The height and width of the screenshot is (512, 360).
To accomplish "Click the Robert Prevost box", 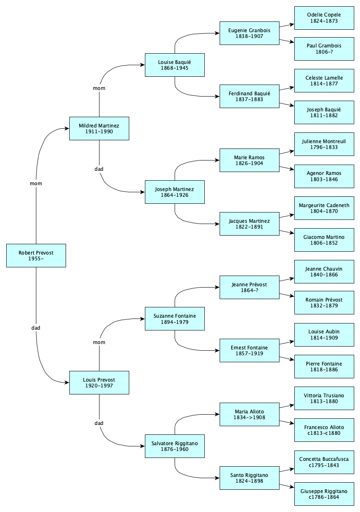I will (x=36, y=255).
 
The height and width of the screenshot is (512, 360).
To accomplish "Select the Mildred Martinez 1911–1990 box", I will (x=99, y=128).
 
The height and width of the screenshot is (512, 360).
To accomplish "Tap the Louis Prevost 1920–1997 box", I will (x=99, y=382).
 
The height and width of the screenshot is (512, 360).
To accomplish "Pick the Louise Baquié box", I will (x=175, y=65).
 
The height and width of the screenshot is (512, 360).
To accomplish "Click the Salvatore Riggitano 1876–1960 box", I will (x=175, y=446).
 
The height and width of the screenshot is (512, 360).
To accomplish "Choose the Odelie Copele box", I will (x=324, y=18).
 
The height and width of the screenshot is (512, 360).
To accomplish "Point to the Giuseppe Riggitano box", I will (x=324, y=494).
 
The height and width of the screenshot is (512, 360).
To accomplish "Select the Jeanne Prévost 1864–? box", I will (x=249, y=287).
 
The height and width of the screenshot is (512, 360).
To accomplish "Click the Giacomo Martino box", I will (x=324, y=240).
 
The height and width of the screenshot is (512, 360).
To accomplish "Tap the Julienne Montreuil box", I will (x=324, y=144).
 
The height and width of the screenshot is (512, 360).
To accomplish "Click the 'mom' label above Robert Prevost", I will (x=36, y=183).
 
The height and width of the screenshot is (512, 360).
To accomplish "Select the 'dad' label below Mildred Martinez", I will (x=99, y=169).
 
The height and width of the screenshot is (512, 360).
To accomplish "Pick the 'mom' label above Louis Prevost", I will (x=99, y=342).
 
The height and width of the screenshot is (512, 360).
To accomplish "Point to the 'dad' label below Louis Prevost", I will (x=99, y=423).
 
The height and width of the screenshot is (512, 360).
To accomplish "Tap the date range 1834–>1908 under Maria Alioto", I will (x=249, y=417).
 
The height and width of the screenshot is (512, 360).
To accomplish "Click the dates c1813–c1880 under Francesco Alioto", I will (x=324, y=433).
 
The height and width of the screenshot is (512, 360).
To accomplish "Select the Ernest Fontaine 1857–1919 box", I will (x=249, y=351).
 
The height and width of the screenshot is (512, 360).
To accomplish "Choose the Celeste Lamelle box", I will (x=324, y=80).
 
